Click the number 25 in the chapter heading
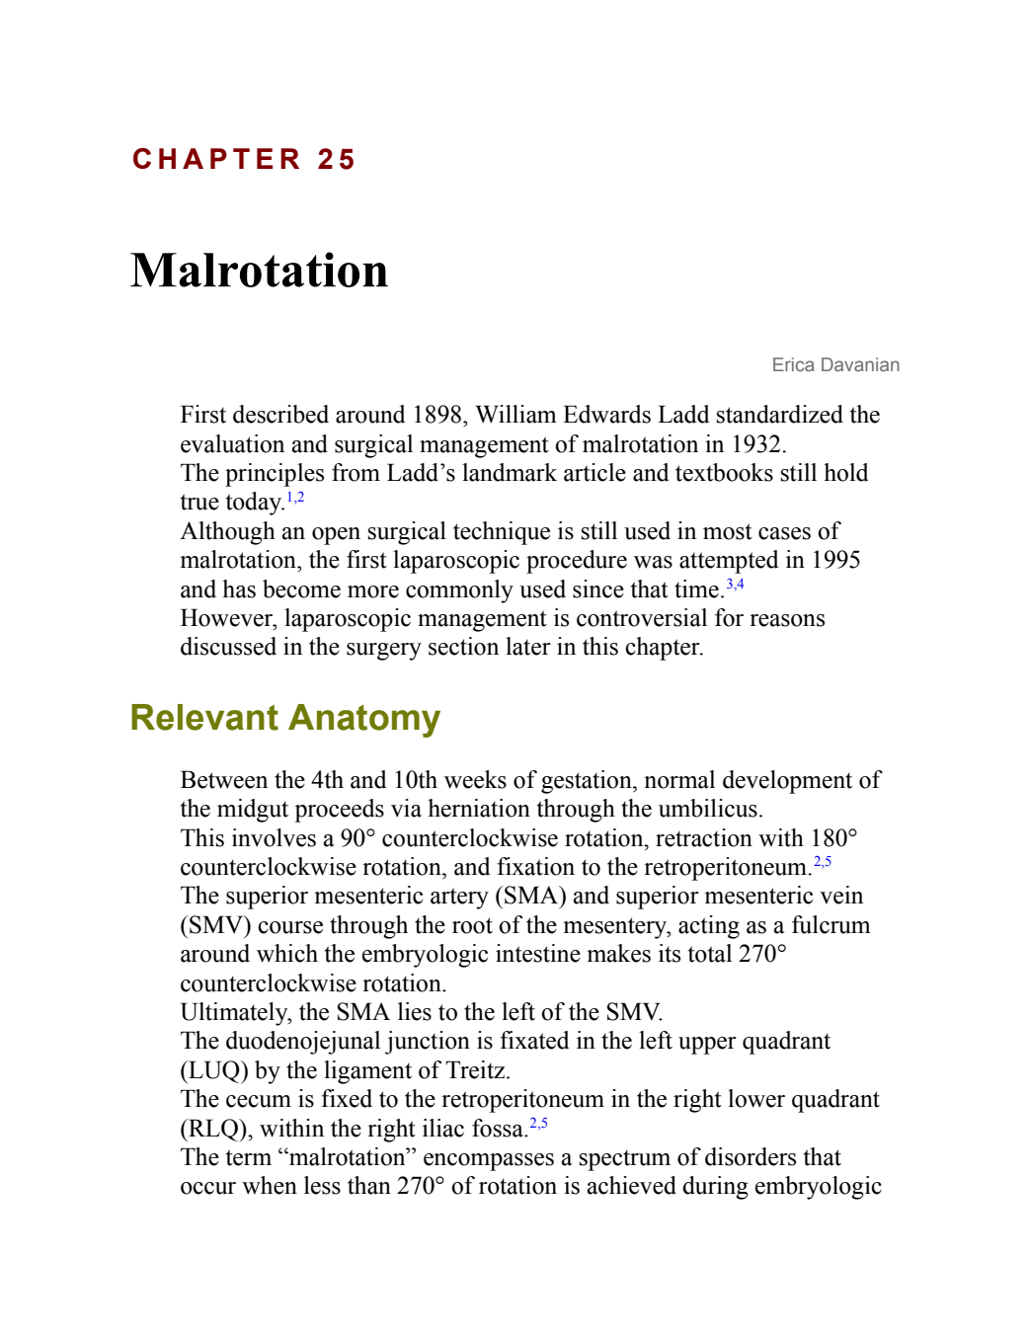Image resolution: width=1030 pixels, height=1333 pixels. point(336,160)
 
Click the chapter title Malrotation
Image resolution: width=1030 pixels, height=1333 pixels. point(259,271)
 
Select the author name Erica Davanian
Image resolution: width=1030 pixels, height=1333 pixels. point(835,365)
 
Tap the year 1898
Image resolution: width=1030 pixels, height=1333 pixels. point(436,415)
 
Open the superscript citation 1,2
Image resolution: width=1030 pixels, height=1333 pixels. point(295,497)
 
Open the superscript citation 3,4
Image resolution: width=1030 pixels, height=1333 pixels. point(735,584)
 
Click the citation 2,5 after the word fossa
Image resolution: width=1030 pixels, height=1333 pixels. point(538,1124)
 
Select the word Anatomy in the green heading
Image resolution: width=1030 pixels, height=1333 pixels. point(364,717)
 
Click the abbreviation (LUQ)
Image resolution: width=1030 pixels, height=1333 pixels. point(214,1070)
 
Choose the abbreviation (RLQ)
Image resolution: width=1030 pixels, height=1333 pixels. point(215,1129)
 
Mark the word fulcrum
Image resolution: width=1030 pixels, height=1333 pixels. point(831,925)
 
